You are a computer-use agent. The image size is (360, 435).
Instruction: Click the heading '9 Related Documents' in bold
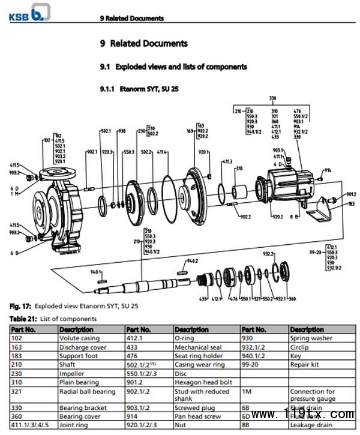tap(143, 43)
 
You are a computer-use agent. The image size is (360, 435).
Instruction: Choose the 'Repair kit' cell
tap(305, 364)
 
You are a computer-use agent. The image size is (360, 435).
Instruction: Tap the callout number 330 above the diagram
tap(272, 98)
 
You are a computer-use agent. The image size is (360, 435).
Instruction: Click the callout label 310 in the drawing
tap(239, 168)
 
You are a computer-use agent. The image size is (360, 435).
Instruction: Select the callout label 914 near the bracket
tap(328, 171)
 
